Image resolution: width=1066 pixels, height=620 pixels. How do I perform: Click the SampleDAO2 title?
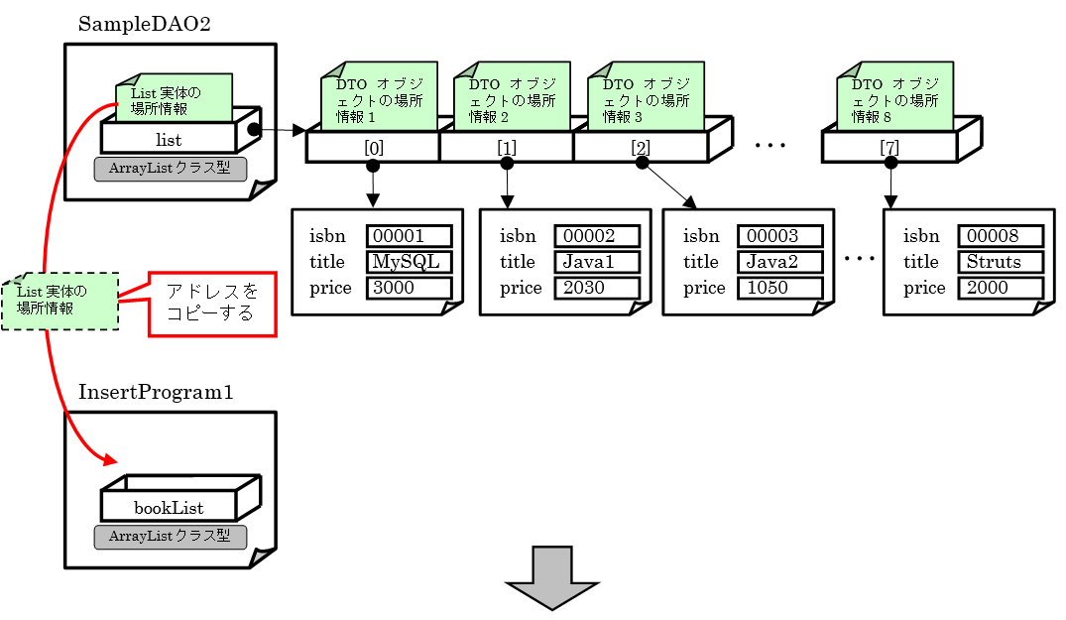click(144, 24)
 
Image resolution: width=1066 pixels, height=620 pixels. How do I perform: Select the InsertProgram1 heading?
click(156, 392)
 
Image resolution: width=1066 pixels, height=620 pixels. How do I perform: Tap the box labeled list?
click(169, 139)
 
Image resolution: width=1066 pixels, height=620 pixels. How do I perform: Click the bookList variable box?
click(169, 507)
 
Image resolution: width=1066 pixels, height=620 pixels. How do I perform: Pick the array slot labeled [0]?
click(373, 147)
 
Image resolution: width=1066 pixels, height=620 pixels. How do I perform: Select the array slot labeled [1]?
click(507, 147)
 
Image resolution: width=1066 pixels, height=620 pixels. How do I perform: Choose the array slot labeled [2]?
click(641, 147)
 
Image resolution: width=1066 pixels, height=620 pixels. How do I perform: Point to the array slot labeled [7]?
click(889, 147)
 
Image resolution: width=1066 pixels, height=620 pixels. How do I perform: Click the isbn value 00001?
click(409, 236)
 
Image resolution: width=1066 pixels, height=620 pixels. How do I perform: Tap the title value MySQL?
click(409, 262)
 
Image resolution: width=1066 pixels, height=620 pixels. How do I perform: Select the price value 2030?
click(597, 288)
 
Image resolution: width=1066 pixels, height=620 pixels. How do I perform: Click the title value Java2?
click(779, 262)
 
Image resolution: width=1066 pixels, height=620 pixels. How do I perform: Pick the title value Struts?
click(1000, 262)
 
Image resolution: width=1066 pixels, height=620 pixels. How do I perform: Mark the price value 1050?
click(779, 288)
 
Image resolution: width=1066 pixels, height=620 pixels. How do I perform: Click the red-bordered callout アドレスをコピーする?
click(212, 304)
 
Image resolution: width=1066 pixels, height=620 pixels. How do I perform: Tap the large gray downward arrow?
click(552, 579)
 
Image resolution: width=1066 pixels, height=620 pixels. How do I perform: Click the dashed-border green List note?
click(59, 301)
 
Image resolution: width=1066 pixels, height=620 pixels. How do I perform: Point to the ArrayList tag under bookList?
click(170, 537)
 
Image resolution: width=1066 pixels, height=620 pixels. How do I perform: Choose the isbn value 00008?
click(1000, 236)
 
